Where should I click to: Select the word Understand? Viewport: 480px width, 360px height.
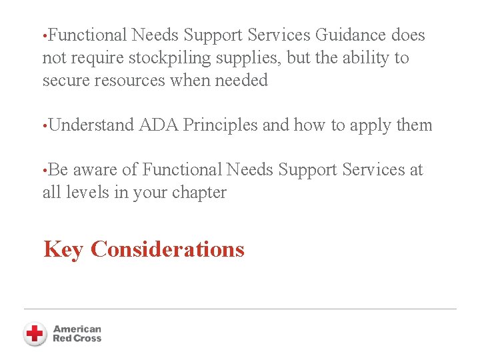pos(91,125)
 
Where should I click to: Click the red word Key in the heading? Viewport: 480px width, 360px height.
pos(64,249)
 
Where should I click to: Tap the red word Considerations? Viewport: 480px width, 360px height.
pos(167,249)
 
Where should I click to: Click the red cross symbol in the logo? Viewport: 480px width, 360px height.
pos(35,333)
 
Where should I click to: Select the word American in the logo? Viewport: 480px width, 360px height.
pos(77,329)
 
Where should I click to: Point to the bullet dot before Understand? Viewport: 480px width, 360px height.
pos(44,125)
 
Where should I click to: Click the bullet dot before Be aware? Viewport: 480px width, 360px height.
pos(44,170)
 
